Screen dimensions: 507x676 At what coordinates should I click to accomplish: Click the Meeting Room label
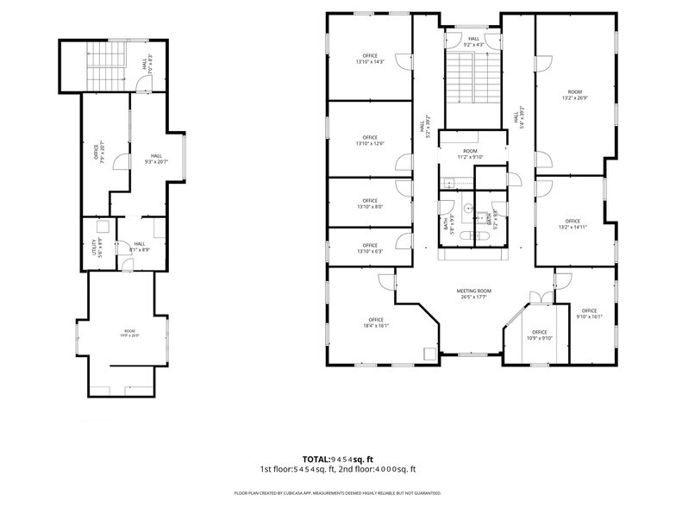473,294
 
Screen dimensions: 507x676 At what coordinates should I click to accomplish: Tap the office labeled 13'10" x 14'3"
370,59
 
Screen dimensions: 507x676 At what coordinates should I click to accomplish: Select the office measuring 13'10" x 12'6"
370,141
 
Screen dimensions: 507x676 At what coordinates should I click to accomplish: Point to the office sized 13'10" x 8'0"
370,203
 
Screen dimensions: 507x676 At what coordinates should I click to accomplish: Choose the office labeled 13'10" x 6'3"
370,247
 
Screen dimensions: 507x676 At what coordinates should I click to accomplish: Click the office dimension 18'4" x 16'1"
373,322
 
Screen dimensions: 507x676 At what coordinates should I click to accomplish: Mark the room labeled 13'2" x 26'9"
573,95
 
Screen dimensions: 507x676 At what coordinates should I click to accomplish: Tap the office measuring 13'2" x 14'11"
573,224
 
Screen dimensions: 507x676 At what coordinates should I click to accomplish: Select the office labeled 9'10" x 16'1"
589,314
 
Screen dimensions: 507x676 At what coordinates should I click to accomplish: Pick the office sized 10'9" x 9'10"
539,335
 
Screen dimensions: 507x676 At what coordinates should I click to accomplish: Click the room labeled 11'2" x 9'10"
470,153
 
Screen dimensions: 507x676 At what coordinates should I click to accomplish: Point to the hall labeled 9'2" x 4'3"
473,41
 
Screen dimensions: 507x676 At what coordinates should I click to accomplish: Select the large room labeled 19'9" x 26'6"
129,333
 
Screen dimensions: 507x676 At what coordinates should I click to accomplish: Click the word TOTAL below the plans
316,459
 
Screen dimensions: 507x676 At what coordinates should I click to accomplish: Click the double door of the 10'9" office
541,298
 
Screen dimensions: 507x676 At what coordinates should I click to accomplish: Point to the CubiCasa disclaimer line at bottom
337,493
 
